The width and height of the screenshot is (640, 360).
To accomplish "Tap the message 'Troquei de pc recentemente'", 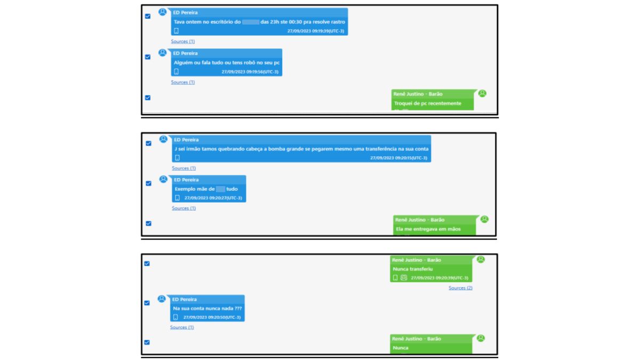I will (x=427, y=103).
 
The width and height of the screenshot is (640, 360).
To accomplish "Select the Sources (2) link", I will (x=460, y=288).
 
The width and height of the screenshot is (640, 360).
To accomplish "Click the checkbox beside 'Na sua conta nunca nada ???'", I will (x=147, y=303).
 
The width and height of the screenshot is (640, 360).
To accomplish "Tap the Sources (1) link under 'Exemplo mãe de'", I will (x=183, y=208).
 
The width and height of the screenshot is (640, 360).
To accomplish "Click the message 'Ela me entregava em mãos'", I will (x=428, y=229).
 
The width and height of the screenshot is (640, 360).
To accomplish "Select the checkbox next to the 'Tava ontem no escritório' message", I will (x=148, y=16).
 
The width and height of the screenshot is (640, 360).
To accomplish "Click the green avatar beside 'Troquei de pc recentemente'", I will (x=482, y=93).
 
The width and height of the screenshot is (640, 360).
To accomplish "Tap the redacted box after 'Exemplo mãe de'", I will (x=220, y=189).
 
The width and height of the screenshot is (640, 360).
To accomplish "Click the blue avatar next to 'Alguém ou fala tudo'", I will (x=162, y=53).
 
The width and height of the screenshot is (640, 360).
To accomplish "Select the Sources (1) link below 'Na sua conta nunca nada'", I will (x=182, y=327).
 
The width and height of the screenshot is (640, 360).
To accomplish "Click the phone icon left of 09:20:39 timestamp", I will (x=395, y=278).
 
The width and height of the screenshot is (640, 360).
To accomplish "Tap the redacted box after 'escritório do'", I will (x=250, y=22).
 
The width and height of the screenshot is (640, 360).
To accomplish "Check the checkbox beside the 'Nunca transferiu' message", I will (x=147, y=263).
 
